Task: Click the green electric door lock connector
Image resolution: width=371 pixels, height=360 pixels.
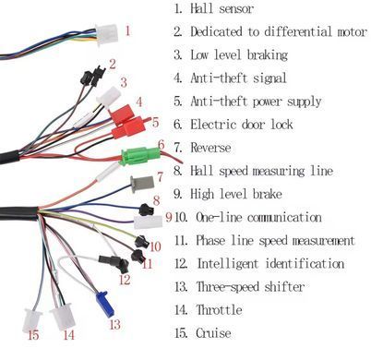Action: click(140, 156)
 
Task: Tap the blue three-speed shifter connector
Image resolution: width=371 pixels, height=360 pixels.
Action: click(104, 304)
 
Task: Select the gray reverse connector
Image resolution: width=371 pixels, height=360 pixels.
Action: click(142, 184)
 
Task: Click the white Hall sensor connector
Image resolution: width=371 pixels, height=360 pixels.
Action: click(106, 34)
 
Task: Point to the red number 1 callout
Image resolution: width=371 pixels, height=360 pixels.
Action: click(127, 30)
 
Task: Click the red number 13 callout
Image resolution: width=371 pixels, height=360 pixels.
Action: click(114, 324)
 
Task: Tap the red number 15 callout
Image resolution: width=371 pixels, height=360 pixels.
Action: click(33, 335)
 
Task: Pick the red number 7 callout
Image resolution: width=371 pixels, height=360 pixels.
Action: click(160, 177)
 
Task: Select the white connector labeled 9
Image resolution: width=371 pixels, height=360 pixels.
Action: click(148, 222)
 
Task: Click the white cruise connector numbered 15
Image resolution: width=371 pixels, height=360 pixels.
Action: click(31, 320)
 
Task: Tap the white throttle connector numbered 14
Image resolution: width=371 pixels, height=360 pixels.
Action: click(63, 317)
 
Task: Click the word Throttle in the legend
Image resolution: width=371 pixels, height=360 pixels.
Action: click(219, 309)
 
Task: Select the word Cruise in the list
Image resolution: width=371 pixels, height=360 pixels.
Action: click(213, 333)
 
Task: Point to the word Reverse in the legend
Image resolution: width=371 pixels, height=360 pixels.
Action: click(210, 148)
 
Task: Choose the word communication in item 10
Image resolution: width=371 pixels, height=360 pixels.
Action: click(284, 217)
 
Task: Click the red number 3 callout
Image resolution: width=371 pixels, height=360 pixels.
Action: click(124, 82)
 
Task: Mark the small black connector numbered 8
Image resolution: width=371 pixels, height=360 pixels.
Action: click(146, 210)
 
